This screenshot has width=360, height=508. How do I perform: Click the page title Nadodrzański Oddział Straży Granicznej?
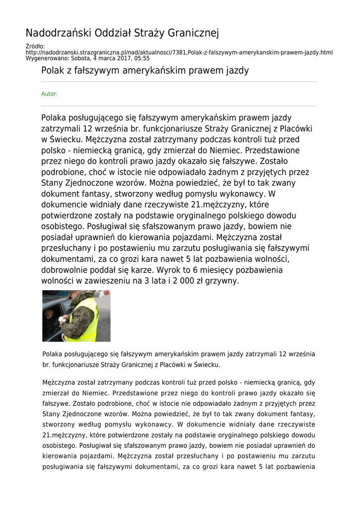pyautogui.click(x=122, y=33)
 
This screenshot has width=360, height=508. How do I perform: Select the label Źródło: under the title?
pyautogui.click(x=35, y=47)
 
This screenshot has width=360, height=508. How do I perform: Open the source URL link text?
pyautogui.click(x=179, y=52)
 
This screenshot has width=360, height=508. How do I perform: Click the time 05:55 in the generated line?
pyautogui.click(x=142, y=58)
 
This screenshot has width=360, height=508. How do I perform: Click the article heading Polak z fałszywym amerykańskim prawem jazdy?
pyautogui.click(x=145, y=70)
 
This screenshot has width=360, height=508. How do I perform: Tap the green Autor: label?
pyautogui.click(x=49, y=94)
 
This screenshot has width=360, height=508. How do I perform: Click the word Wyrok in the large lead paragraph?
pyautogui.click(x=169, y=270)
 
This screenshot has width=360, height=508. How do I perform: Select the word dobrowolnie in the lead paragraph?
pyautogui.click(x=67, y=270)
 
